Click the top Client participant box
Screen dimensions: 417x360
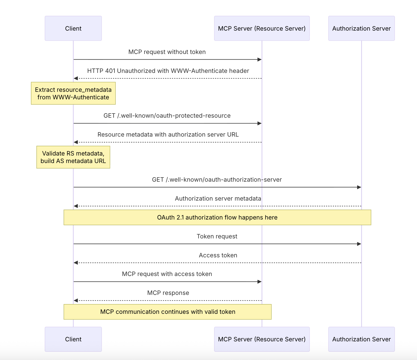73,28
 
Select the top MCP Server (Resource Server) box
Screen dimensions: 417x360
262,28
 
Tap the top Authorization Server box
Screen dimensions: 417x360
362,28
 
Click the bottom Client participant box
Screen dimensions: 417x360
73,339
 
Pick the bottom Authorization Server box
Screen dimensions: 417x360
362,339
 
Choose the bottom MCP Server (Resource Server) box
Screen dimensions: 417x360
262,339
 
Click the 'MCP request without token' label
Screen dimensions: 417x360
167,52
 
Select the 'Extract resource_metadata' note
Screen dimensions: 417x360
73,93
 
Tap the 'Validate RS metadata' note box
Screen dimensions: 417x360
73,157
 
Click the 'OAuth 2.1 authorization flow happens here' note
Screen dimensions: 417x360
217,217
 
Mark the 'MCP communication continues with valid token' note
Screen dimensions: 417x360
168,312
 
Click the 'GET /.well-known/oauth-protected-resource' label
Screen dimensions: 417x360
167,115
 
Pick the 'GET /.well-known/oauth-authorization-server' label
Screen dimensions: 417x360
217,179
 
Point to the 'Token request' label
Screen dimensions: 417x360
217,236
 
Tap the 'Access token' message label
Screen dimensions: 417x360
218,255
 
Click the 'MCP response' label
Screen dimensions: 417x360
168,293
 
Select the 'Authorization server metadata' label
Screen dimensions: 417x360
218,198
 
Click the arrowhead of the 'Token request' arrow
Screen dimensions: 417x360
359,244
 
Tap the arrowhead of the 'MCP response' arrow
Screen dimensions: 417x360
76,300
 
